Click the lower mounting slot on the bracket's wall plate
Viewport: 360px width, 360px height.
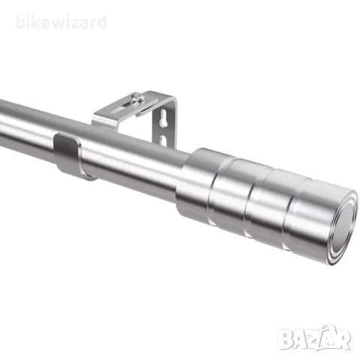click(x=163, y=140)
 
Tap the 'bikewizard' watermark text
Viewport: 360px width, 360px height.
click(x=61, y=22)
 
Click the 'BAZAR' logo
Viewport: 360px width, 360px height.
click(x=314, y=338)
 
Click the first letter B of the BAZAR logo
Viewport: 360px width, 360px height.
click(x=285, y=339)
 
